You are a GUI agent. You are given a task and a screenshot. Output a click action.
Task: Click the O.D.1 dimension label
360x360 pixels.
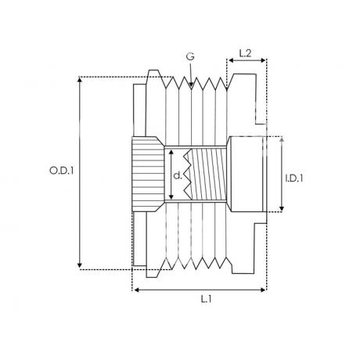(x=62, y=171)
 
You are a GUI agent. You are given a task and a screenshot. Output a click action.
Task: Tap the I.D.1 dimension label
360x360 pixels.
(x=294, y=178)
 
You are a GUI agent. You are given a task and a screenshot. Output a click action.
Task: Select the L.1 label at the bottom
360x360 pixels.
(x=206, y=299)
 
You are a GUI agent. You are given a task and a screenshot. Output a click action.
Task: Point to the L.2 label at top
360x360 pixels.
(x=245, y=53)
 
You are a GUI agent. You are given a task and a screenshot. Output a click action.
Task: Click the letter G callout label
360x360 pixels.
(x=190, y=56)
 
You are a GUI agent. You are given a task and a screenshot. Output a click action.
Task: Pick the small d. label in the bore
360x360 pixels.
(x=178, y=176)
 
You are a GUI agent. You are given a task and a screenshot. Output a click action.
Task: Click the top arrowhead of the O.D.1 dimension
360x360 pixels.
(x=80, y=79)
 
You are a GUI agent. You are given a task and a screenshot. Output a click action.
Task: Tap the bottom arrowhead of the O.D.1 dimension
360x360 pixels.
(x=80, y=266)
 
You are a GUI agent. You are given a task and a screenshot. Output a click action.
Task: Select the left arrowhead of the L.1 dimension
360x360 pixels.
(x=136, y=290)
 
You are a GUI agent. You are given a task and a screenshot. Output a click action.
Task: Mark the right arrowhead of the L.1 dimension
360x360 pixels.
(x=263, y=290)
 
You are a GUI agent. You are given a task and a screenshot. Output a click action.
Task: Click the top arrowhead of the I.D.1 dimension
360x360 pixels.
(x=282, y=140)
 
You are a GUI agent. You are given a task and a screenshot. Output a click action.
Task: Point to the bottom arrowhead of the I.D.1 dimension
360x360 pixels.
(x=282, y=209)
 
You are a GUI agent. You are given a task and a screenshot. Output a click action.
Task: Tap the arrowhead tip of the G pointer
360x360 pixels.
(x=191, y=85)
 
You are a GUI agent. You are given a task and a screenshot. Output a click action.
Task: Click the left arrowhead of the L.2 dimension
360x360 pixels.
(x=231, y=60)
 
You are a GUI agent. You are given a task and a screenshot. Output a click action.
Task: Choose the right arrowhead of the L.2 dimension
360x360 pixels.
(x=263, y=60)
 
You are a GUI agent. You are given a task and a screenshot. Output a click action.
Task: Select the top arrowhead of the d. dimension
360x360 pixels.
(x=171, y=152)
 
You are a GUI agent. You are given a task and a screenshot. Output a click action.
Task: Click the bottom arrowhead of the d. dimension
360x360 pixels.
(x=171, y=196)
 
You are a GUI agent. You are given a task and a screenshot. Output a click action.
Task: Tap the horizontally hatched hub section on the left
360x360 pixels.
(x=148, y=175)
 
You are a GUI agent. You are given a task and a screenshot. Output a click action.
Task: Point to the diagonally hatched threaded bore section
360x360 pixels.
(x=208, y=175)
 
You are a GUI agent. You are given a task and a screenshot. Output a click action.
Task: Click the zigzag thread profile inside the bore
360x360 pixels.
(x=187, y=175)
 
